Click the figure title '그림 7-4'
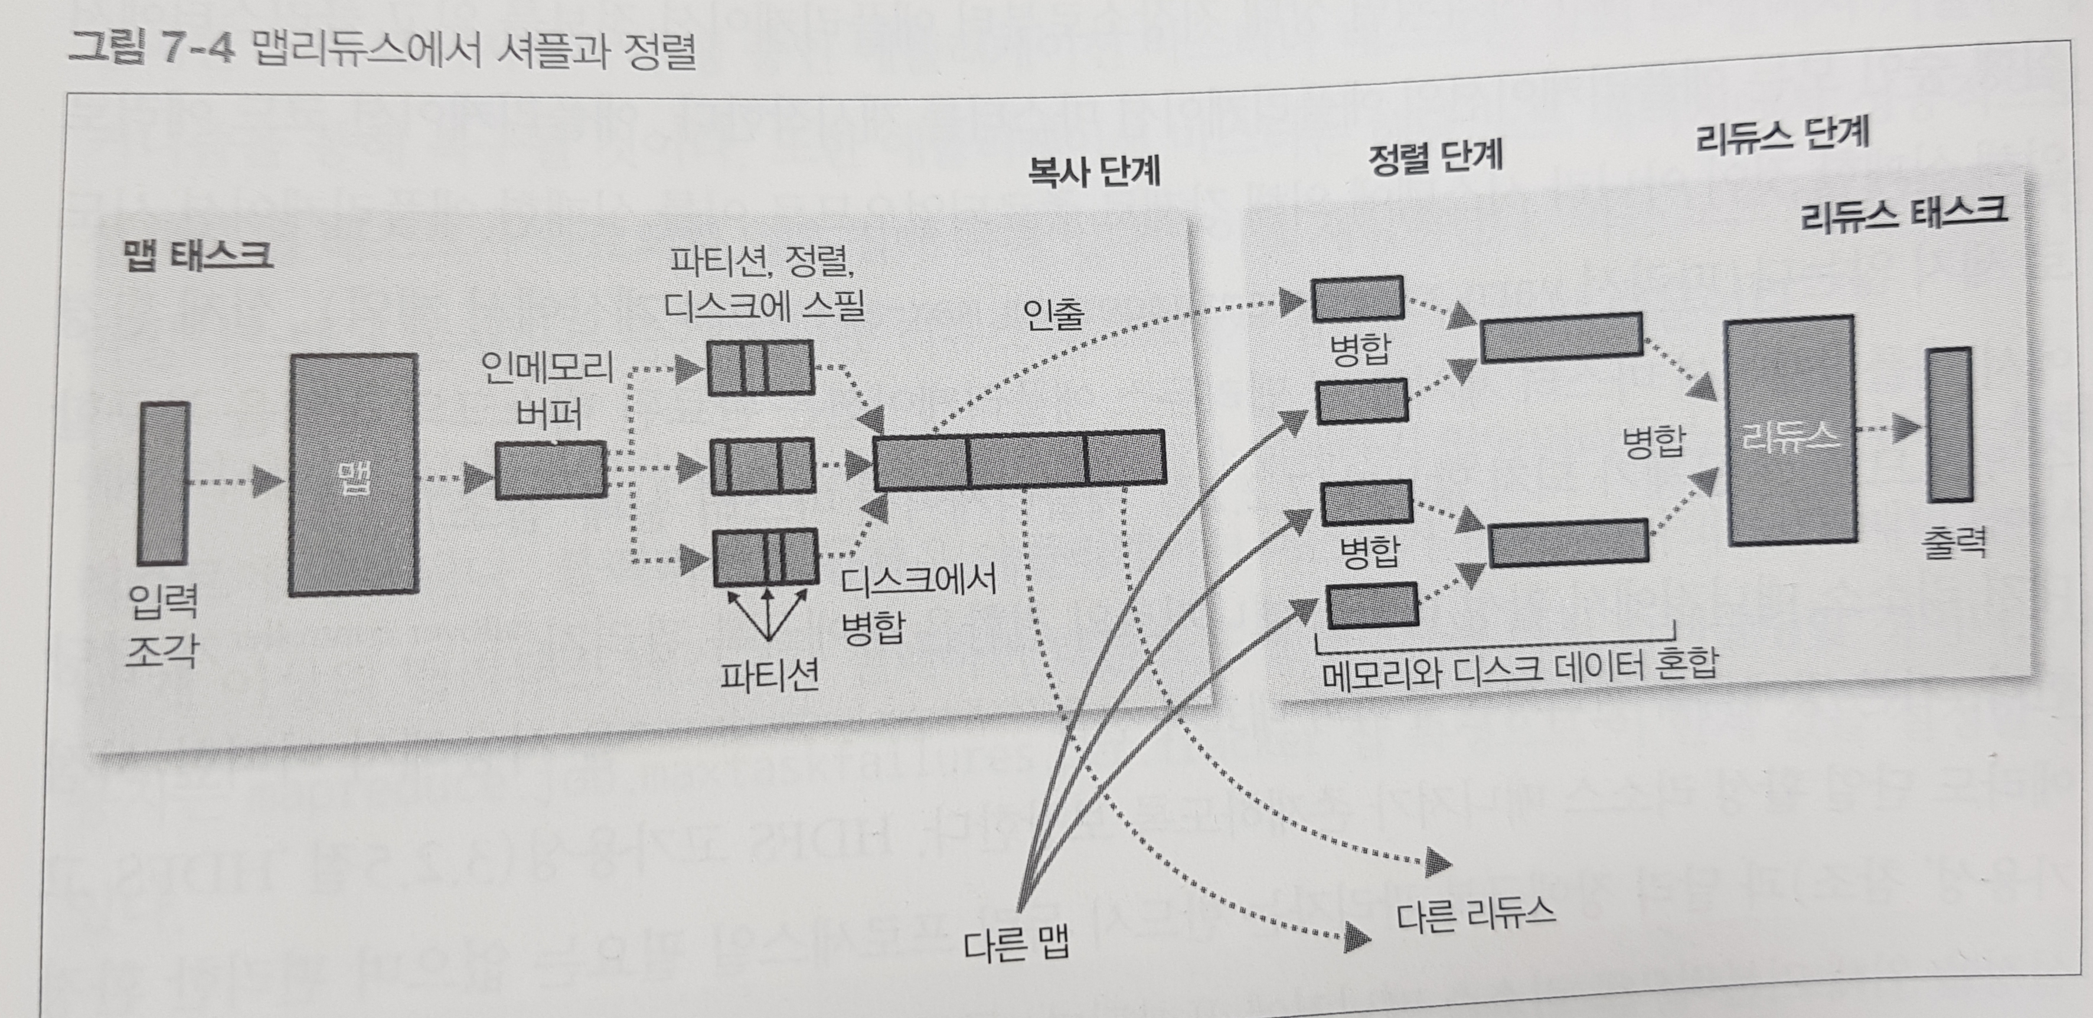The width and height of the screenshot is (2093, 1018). coord(151,49)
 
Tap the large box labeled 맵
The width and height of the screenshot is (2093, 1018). coord(354,475)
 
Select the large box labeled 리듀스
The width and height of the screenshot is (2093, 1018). coord(1791,431)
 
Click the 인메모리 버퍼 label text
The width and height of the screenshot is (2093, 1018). coord(547,390)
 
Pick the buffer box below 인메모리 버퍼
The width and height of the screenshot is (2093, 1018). coord(551,470)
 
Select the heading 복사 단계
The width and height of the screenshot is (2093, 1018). coord(1093,171)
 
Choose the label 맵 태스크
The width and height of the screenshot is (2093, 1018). coord(197,255)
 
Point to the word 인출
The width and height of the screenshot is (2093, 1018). coord(1053,313)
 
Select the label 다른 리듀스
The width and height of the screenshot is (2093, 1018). coord(1475,914)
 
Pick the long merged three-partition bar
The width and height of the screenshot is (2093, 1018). coord(1019,460)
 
